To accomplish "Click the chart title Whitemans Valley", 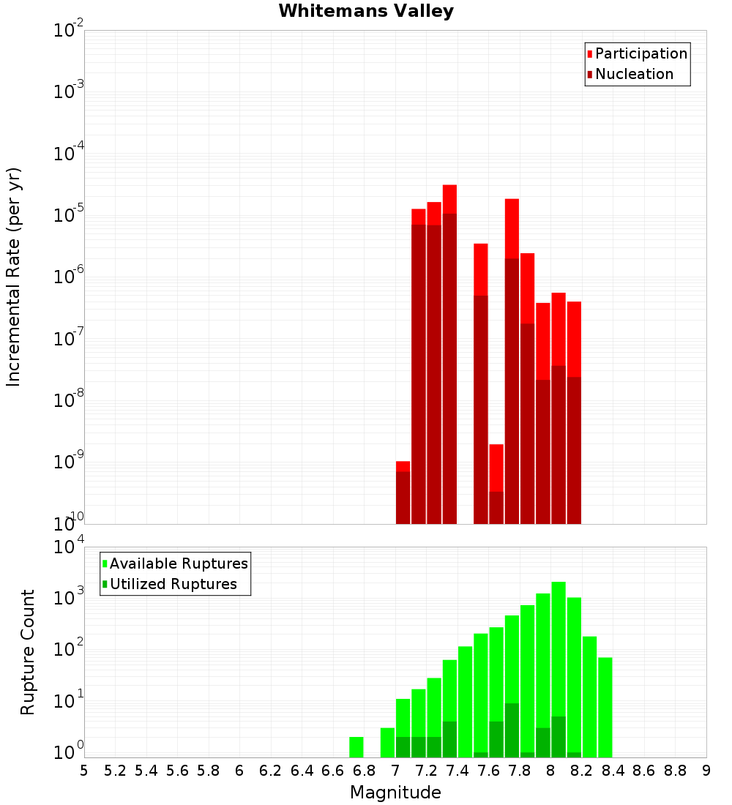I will (x=366, y=11).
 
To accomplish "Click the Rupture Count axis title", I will (x=28, y=652).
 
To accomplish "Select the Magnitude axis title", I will (x=395, y=793).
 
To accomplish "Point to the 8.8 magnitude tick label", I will (x=675, y=771).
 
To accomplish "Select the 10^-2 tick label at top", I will (x=69, y=31).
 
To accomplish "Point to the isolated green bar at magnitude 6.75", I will (x=356, y=746).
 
